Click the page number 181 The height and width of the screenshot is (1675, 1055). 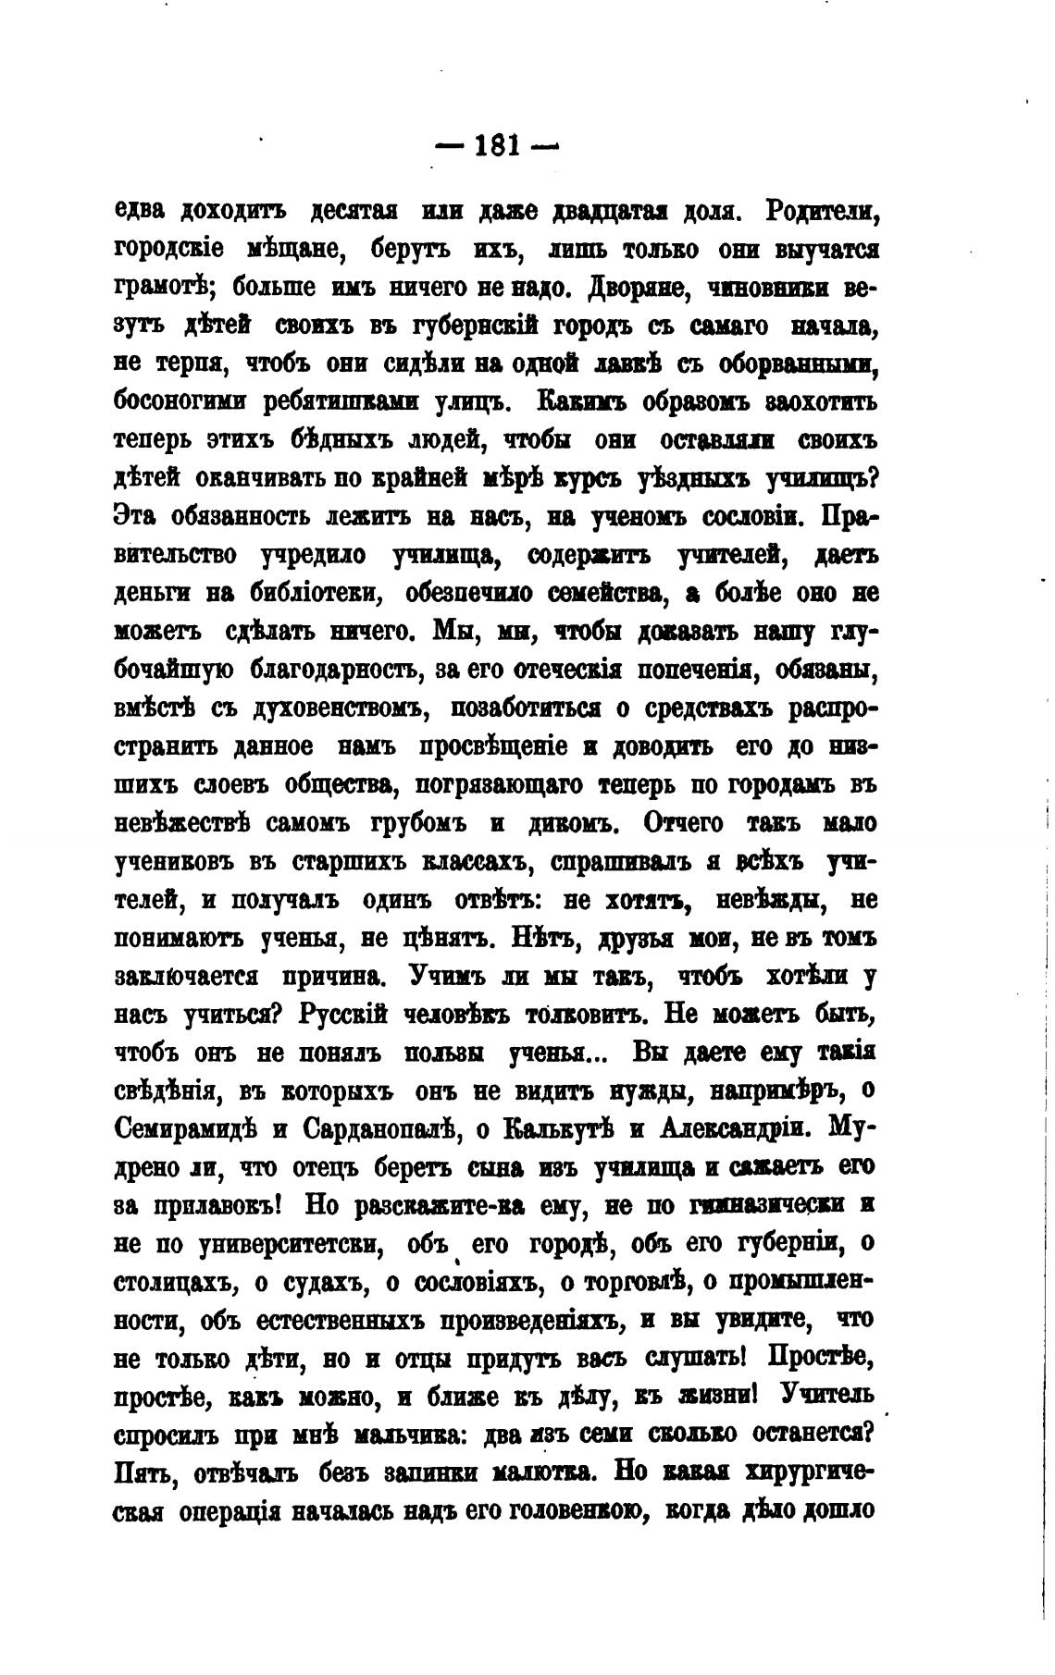coord(497,145)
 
